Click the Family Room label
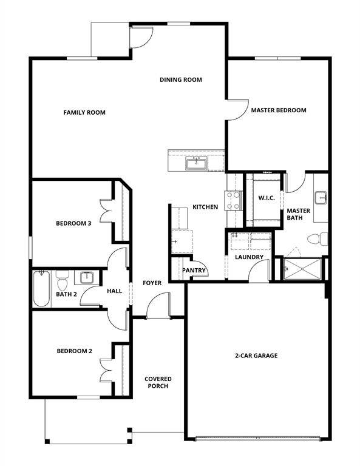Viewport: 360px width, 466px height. click(84, 112)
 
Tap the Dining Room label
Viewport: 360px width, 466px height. click(181, 79)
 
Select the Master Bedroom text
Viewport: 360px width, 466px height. click(279, 110)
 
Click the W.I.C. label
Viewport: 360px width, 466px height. click(267, 198)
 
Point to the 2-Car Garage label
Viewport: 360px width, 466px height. click(256, 356)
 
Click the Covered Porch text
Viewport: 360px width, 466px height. click(158, 382)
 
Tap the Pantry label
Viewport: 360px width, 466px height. click(194, 271)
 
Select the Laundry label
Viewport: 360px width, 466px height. click(250, 257)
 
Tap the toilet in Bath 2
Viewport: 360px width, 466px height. click(62, 283)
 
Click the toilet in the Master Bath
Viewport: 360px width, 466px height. click(319, 238)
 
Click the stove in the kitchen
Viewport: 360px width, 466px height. click(234, 200)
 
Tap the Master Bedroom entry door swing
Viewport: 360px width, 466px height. click(237, 109)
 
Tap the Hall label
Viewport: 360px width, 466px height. click(114, 291)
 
